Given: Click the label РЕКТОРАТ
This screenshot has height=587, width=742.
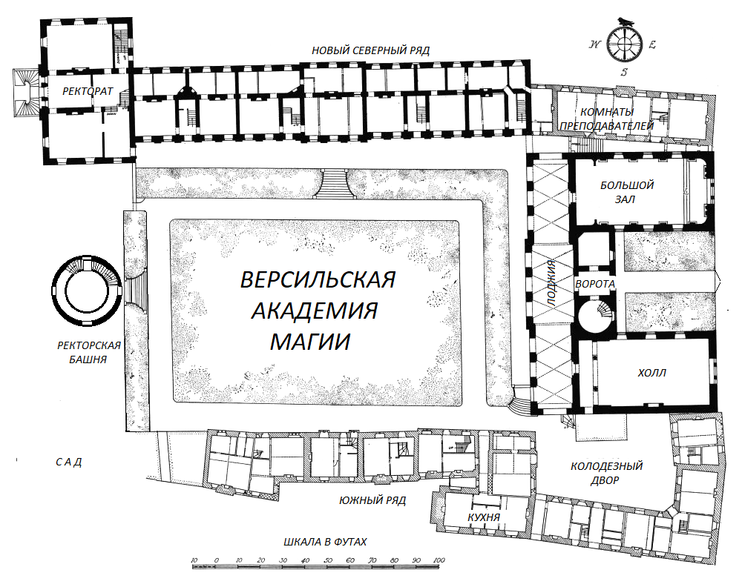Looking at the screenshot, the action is (88, 91).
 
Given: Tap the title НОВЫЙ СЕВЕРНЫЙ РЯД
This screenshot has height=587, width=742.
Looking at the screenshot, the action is (370, 50).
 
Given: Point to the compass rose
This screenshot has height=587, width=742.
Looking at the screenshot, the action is (624, 44).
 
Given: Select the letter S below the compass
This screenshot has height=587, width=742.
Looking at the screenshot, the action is (624, 73).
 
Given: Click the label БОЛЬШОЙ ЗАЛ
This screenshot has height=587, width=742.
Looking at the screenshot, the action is (626, 192).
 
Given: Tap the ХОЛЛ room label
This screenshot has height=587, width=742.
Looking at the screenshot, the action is (651, 373).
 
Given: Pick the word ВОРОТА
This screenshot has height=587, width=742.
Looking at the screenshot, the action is (595, 284).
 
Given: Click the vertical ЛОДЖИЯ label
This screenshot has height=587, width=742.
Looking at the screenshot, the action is (551, 284).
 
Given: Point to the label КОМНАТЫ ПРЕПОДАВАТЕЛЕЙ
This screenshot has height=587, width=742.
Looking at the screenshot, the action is (607, 119).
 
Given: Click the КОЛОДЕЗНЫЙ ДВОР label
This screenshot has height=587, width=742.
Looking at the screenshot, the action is (606, 473).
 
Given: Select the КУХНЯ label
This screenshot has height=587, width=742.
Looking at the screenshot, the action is (484, 517).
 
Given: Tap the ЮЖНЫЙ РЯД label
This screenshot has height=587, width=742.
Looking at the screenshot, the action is (372, 500).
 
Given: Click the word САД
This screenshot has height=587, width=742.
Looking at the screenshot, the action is (69, 462).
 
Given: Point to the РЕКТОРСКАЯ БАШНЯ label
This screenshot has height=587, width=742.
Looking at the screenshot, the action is (88, 352).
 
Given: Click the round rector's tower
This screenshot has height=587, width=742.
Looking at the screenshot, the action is (87, 291).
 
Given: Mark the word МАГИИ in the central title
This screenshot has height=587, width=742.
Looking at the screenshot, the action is (310, 341).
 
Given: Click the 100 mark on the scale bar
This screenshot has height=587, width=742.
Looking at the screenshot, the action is (439, 560).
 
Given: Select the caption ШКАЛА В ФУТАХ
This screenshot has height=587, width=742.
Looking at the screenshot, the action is (325, 542).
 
